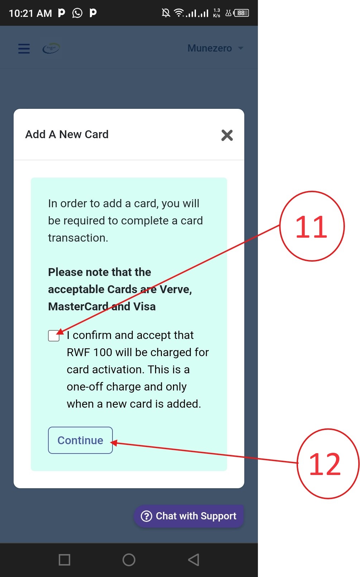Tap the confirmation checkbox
(54, 336)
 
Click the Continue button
(80, 440)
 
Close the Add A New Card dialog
(227, 135)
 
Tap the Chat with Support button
(189, 516)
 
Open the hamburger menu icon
(24, 48)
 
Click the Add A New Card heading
(67, 134)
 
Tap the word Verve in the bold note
(176, 289)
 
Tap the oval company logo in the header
(51, 48)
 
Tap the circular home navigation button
(129, 560)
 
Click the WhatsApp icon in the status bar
(77, 13)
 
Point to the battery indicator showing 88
(241, 13)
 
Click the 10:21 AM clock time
(30, 13)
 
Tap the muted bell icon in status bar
(166, 13)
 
